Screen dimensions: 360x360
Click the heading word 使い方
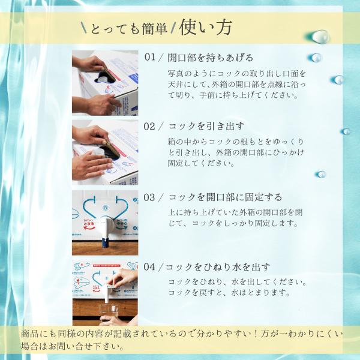tap(205, 28)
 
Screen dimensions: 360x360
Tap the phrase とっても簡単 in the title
tap(129, 29)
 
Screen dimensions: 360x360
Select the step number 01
tap(150, 57)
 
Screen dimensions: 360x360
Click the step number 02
tap(149, 126)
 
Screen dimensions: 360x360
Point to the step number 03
tap(149, 197)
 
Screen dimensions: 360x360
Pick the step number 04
tap(149, 267)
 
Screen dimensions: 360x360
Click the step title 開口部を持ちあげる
tap(211, 58)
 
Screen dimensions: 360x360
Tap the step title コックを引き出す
tap(206, 126)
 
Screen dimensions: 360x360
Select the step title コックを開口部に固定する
tap(225, 197)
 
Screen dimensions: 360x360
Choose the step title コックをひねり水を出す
tap(217, 267)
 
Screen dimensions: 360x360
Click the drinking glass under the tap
tap(109, 312)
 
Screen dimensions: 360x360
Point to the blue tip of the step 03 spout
tap(106, 243)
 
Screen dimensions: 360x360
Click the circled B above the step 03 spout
tap(106, 208)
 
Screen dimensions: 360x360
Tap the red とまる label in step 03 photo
tap(89, 223)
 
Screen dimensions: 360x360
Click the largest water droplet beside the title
tap(320, 37)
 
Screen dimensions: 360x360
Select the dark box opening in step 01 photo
tap(104, 77)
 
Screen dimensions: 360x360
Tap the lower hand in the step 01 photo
tap(98, 105)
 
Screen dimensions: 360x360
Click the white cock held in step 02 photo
tap(98, 152)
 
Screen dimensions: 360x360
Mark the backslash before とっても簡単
tap(84, 28)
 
